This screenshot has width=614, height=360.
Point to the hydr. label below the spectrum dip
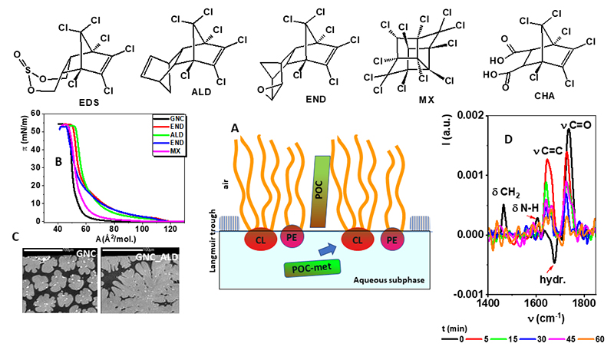pyautogui.click(x=539, y=278)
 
